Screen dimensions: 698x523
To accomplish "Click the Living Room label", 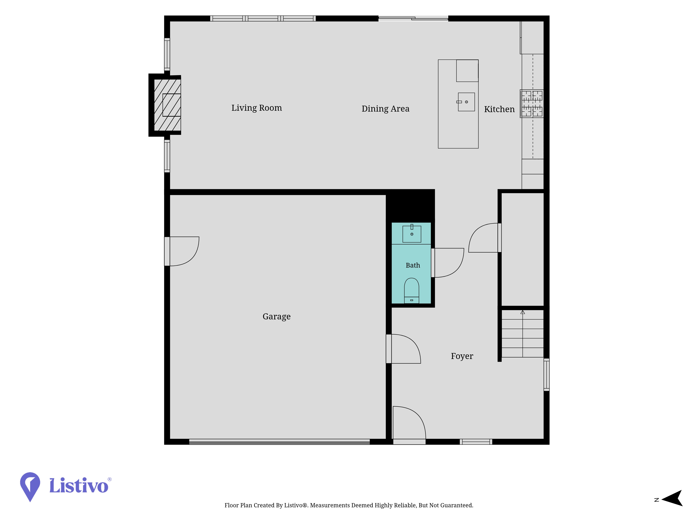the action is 257,108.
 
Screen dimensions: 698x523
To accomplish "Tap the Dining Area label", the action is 385,109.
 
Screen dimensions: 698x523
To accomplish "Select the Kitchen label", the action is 499,109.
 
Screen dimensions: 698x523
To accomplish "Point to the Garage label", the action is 276,317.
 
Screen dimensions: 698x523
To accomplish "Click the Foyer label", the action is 462,356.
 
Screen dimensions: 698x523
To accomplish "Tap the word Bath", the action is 413,266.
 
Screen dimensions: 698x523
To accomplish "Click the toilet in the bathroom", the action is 411,291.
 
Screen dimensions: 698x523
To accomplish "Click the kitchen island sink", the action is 466,102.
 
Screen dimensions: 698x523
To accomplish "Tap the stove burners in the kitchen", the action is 532,104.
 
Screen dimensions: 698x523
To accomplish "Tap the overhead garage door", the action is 279,442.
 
